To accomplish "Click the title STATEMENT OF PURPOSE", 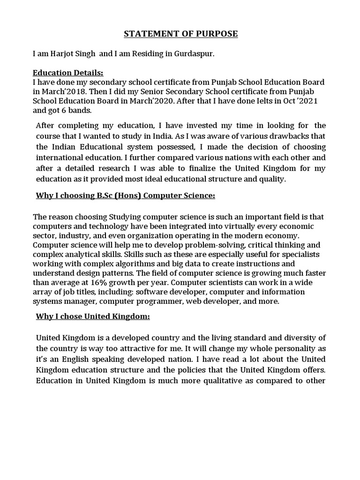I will (x=180, y=34).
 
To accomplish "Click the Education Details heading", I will (x=67, y=73).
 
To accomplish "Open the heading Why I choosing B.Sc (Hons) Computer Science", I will (x=125, y=195).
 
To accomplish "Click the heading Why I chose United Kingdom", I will (x=93, y=316).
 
